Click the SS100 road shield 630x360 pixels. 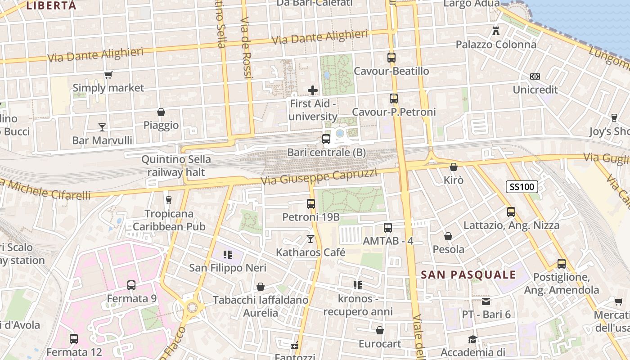[x=522, y=187]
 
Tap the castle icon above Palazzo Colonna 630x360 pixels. [x=496, y=31]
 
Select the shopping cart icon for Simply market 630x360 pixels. [x=108, y=75]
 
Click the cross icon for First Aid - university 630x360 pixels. [x=313, y=90]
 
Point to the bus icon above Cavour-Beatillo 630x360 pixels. [x=391, y=58]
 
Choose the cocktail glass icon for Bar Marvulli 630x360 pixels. [x=102, y=127]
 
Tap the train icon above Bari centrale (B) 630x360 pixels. [x=326, y=139]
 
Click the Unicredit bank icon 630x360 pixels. [x=535, y=76]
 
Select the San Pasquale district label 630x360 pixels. [x=468, y=275]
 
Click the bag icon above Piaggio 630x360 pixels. [x=161, y=112]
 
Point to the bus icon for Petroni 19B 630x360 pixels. [x=311, y=204]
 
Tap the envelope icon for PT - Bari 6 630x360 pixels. [x=486, y=301]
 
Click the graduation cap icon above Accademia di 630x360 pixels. [x=472, y=339]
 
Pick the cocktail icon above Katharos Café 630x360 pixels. [x=310, y=238]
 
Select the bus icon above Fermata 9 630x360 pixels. [x=131, y=285]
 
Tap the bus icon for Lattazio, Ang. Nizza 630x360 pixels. [x=511, y=212]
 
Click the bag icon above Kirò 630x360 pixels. [x=454, y=167]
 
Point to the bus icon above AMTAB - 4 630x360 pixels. [x=388, y=228]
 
